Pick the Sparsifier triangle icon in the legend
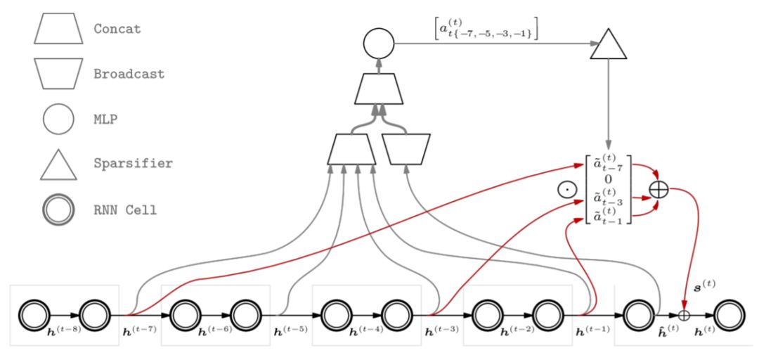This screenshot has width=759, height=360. (58, 165)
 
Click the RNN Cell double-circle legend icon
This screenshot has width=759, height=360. (59, 209)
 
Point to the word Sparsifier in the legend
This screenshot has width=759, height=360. (132, 163)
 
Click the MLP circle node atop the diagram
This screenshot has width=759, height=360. (378, 44)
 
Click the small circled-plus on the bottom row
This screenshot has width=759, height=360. (682, 316)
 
